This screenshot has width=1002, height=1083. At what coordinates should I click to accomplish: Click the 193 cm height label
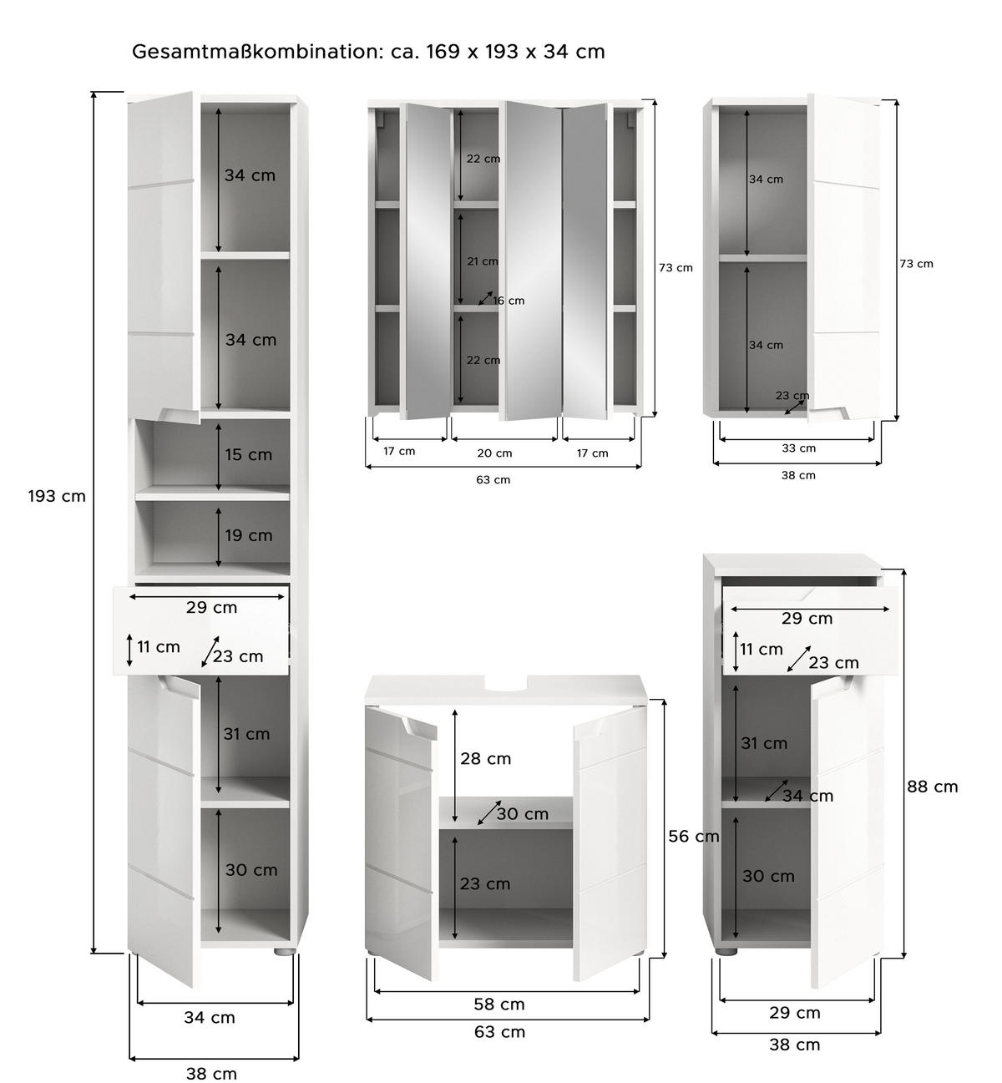tap(58, 496)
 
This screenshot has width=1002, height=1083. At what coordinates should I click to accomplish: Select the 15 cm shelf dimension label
tap(248, 454)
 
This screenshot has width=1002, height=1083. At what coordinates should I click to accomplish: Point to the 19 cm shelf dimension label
tap(249, 535)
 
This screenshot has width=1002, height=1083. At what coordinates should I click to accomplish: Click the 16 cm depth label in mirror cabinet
tap(509, 301)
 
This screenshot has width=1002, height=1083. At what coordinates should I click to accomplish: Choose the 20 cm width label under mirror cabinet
tap(494, 453)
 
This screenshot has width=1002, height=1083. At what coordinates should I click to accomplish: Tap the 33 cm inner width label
tap(798, 448)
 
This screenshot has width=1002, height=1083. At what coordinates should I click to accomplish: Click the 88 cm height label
tap(932, 787)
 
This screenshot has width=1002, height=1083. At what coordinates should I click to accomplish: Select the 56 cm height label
tap(694, 836)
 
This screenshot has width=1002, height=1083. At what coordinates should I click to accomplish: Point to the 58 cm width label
tap(499, 1004)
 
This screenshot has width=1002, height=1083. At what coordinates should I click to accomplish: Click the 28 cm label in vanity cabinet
tap(485, 758)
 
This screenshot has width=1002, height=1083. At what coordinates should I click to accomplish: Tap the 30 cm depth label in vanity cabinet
tap(522, 814)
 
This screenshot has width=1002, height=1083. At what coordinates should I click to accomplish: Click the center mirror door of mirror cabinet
tap(533, 261)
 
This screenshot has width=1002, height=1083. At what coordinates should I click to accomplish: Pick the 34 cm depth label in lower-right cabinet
tap(807, 796)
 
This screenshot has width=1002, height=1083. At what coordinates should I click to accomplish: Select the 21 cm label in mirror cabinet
tap(483, 261)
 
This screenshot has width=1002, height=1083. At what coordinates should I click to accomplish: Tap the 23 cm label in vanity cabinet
tap(485, 883)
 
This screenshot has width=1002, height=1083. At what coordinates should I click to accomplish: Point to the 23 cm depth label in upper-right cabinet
tap(792, 395)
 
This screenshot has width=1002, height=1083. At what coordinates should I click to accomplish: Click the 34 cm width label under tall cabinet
tap(210, 1017)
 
